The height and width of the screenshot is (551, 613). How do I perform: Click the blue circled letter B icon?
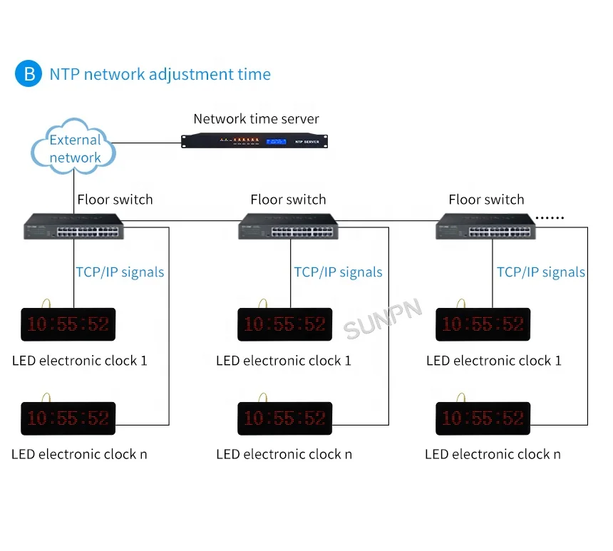click(x=29, y=73)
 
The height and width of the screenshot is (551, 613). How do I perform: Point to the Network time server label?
click(x=256, y=119)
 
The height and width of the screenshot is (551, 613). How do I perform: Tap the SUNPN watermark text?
click(x=383, y=318)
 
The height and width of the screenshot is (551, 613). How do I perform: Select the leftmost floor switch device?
click(x=72, y=226)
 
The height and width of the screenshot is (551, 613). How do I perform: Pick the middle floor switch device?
click(x=288, y=226)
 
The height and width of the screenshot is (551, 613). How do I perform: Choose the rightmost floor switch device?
click(x=487, y=226)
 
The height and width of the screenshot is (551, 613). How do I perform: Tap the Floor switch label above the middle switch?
click(x=288, y=200)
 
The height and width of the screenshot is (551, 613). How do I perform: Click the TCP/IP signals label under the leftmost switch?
click(x=120, y=272)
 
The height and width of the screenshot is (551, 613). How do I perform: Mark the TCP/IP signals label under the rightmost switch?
click(x=540, y=272)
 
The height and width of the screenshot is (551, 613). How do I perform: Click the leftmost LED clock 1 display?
click(x=68, y=324)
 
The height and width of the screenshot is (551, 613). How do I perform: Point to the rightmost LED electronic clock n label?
click(x=493, y=454)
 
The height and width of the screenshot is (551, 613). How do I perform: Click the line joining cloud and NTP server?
click(x=146, y=143)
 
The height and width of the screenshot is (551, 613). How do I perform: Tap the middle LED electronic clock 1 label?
click(x=284, y=361)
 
